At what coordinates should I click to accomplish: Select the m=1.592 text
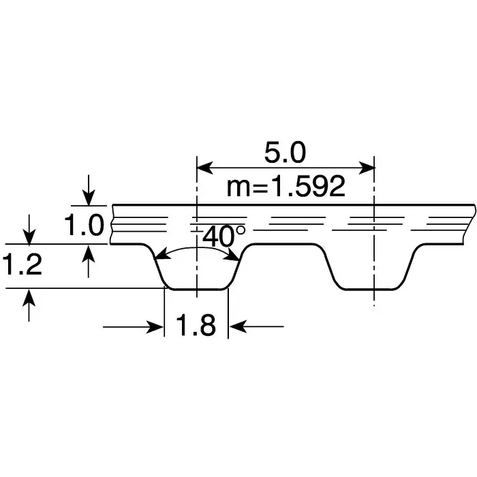[x=286, y=186]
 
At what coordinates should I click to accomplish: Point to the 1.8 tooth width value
[x=196, y=326]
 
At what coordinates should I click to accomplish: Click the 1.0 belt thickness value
[x=84, y=225]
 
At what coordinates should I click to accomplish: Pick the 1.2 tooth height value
[x=22, y=265]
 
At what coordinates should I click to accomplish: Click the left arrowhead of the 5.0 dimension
[x=202, y=166]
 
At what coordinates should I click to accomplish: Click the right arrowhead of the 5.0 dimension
[x=369, y=166]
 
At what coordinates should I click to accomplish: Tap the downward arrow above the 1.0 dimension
[x=89, y=198]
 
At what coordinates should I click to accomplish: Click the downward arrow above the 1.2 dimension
[x=29, y=236]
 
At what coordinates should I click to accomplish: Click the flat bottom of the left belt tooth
[x=196, y=289]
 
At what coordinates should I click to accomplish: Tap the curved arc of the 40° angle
[x=198, y=250]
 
